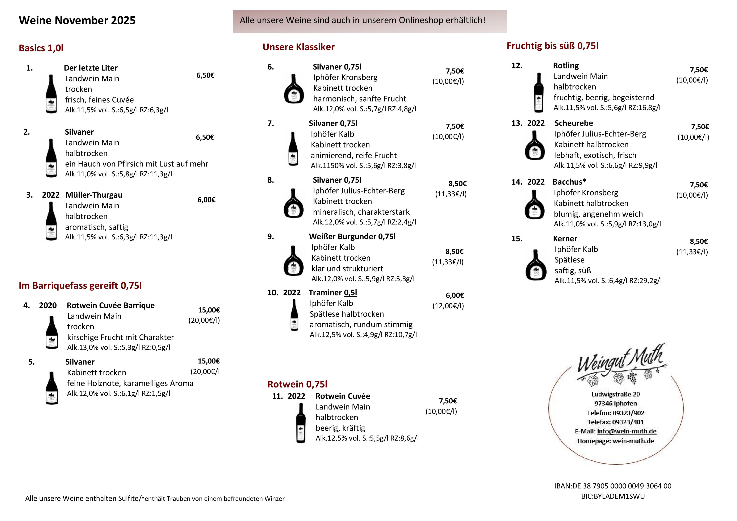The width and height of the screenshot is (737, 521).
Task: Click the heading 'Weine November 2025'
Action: pos(77,20)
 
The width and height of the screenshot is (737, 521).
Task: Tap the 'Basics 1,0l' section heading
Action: pos(41,48)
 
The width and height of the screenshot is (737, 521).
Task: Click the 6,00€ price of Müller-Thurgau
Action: pos(206,200)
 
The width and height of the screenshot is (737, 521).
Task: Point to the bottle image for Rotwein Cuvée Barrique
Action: pos(52,332)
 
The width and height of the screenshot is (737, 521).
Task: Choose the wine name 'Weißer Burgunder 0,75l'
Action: pos(352,237)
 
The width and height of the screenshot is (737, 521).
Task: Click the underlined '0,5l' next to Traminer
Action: pos(350,293)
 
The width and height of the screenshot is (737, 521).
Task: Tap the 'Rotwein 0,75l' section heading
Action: pos(297,384)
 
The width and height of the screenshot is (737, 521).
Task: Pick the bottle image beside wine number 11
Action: pos(301,423)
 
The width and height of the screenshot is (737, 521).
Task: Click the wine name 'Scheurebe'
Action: pos(573,123)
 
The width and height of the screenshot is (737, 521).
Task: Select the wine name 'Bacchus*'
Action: pos(569,182)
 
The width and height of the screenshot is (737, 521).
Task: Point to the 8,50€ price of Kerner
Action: pos(699,241)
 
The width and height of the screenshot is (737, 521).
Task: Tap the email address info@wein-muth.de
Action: pos(626,431)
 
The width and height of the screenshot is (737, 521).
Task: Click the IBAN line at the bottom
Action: pos(612,486)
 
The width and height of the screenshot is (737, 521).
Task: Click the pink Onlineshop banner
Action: pos(369,21)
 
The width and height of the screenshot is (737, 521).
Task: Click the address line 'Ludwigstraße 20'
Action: pos(616,394)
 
